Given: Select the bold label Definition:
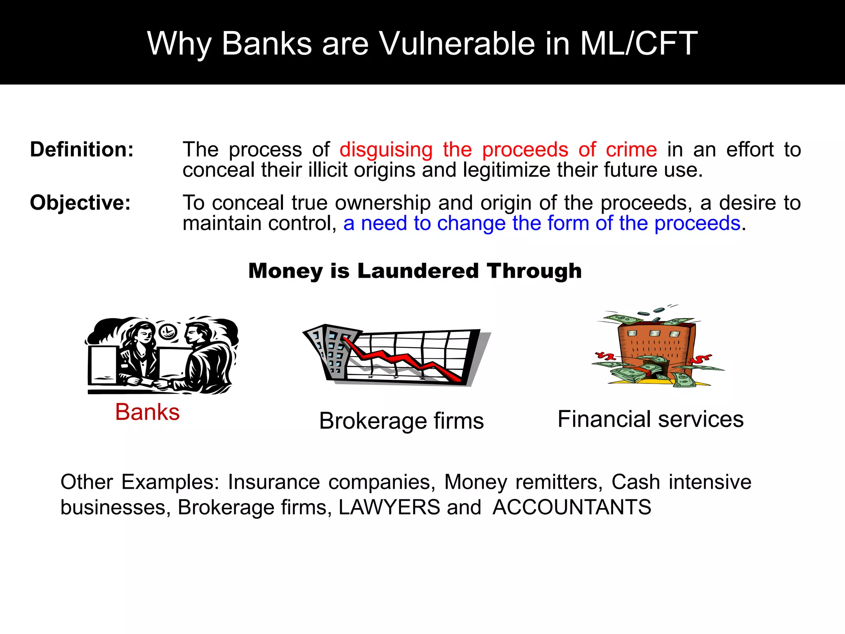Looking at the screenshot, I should pyautogui.click(x=82, y=149).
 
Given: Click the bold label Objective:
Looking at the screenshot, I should pyautogui.click(x=80, y=203).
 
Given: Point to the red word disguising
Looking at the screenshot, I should pyautogui.click(x=386, y=149).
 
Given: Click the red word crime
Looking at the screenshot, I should pyautogui.click(x=631, y=149).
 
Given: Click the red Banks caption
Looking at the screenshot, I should pyautogui.click(x=147, y=412).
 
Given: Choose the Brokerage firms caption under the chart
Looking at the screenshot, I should pyautogui.click(x=401, y=421).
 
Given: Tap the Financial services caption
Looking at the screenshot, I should pyautogui.click(x=650, y=419).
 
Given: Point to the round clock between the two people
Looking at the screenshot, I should pyautogui.click(x=168, y=331).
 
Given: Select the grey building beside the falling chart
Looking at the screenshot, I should pyautogui.click(x=328, y=349).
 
